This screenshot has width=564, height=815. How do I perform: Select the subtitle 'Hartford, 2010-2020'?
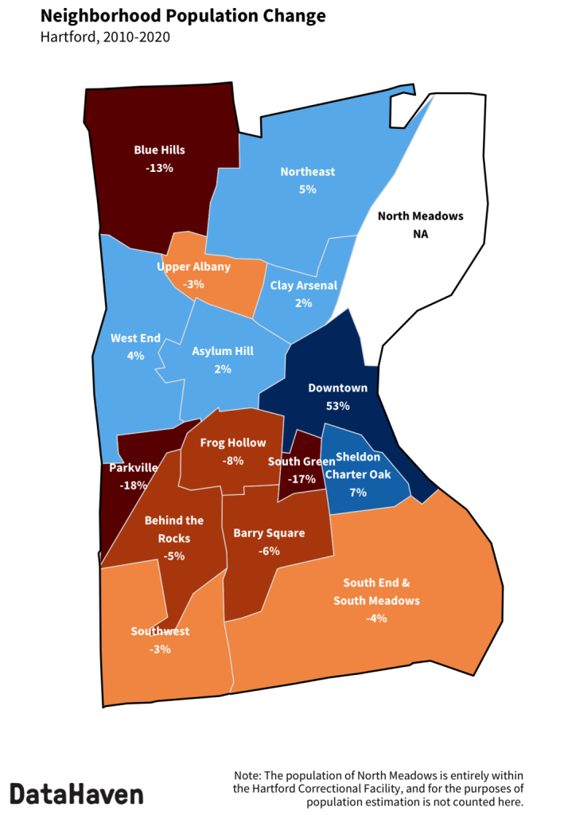point(105,37)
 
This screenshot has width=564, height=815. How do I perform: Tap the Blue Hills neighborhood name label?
point(159,149)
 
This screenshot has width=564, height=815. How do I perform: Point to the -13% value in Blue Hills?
point(159,168)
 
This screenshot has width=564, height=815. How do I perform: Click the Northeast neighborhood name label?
point(308,171)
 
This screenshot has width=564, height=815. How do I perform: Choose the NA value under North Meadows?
point(420,234)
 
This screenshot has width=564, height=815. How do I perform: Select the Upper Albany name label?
point(193,266)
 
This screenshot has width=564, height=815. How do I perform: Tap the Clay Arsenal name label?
point(304,285)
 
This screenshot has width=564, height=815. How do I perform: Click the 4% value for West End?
point(135,356)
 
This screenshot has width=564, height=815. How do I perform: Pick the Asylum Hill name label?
point(223,350)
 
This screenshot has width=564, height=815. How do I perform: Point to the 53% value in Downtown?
point(337,406)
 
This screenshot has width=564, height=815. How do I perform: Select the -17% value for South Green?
point(302,479)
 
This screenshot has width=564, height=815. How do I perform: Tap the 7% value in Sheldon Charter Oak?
point(357,492)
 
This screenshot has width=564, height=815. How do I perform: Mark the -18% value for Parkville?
point(133,485)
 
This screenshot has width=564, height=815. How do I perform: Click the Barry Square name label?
point(269,532)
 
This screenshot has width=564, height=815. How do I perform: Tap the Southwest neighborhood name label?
point(160,631)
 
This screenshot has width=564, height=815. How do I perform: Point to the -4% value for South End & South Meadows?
point(376,618)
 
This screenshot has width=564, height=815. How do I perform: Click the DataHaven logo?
point(76,794)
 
